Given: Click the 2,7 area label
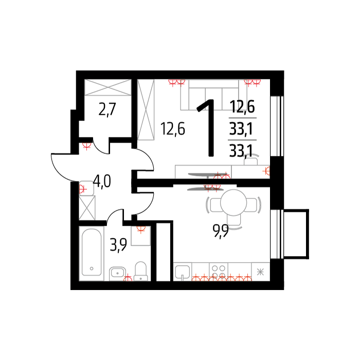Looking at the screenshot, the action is (107, 110).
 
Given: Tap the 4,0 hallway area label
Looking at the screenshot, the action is (102, 181).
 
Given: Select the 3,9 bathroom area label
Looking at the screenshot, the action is (118, 245).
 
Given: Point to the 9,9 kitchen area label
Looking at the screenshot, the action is (221, 231).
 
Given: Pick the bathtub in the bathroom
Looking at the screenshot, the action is (92, 253).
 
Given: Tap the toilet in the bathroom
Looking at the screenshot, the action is (140, 271).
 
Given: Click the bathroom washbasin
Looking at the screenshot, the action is (117, 273).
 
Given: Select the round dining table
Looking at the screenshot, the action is (233, 203).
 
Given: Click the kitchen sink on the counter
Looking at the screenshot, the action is (183, 272).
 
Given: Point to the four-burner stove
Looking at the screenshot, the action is (219, 272).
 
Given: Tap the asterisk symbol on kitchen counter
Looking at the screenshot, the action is (260, 272).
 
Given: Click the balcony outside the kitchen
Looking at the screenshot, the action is (296, 234).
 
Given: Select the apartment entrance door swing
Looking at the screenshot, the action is (61, 167).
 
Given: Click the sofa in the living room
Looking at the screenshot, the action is (214, 95).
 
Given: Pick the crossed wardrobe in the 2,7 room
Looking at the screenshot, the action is (108, 87).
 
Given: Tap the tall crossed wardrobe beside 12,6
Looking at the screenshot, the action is (146, 110).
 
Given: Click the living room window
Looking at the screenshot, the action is (277, 126).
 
